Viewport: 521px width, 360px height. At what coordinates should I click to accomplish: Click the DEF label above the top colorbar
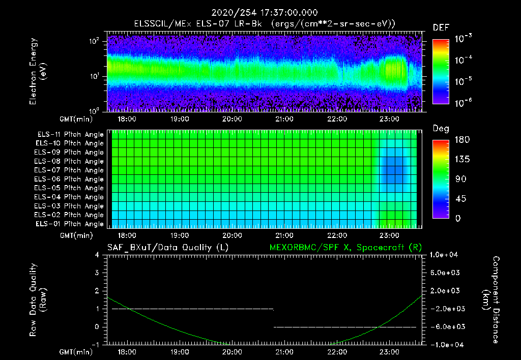pos(441,27)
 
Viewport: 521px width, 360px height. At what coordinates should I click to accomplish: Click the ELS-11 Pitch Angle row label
pos(70,134)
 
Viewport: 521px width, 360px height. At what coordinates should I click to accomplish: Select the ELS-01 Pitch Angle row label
pos(70,224)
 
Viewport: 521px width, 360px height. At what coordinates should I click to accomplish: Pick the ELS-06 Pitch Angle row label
pos(70,179)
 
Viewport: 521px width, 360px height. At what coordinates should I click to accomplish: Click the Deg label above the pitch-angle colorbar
pos(441,129)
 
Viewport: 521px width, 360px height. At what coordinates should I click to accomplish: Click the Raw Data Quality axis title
pos(38,299)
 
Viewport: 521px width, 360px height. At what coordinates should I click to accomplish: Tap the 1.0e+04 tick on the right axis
pos(446,255)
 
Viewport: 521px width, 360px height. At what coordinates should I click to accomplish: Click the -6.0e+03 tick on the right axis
pos(446,326)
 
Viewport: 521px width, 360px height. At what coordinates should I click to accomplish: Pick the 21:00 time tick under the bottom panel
pos(284,352)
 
